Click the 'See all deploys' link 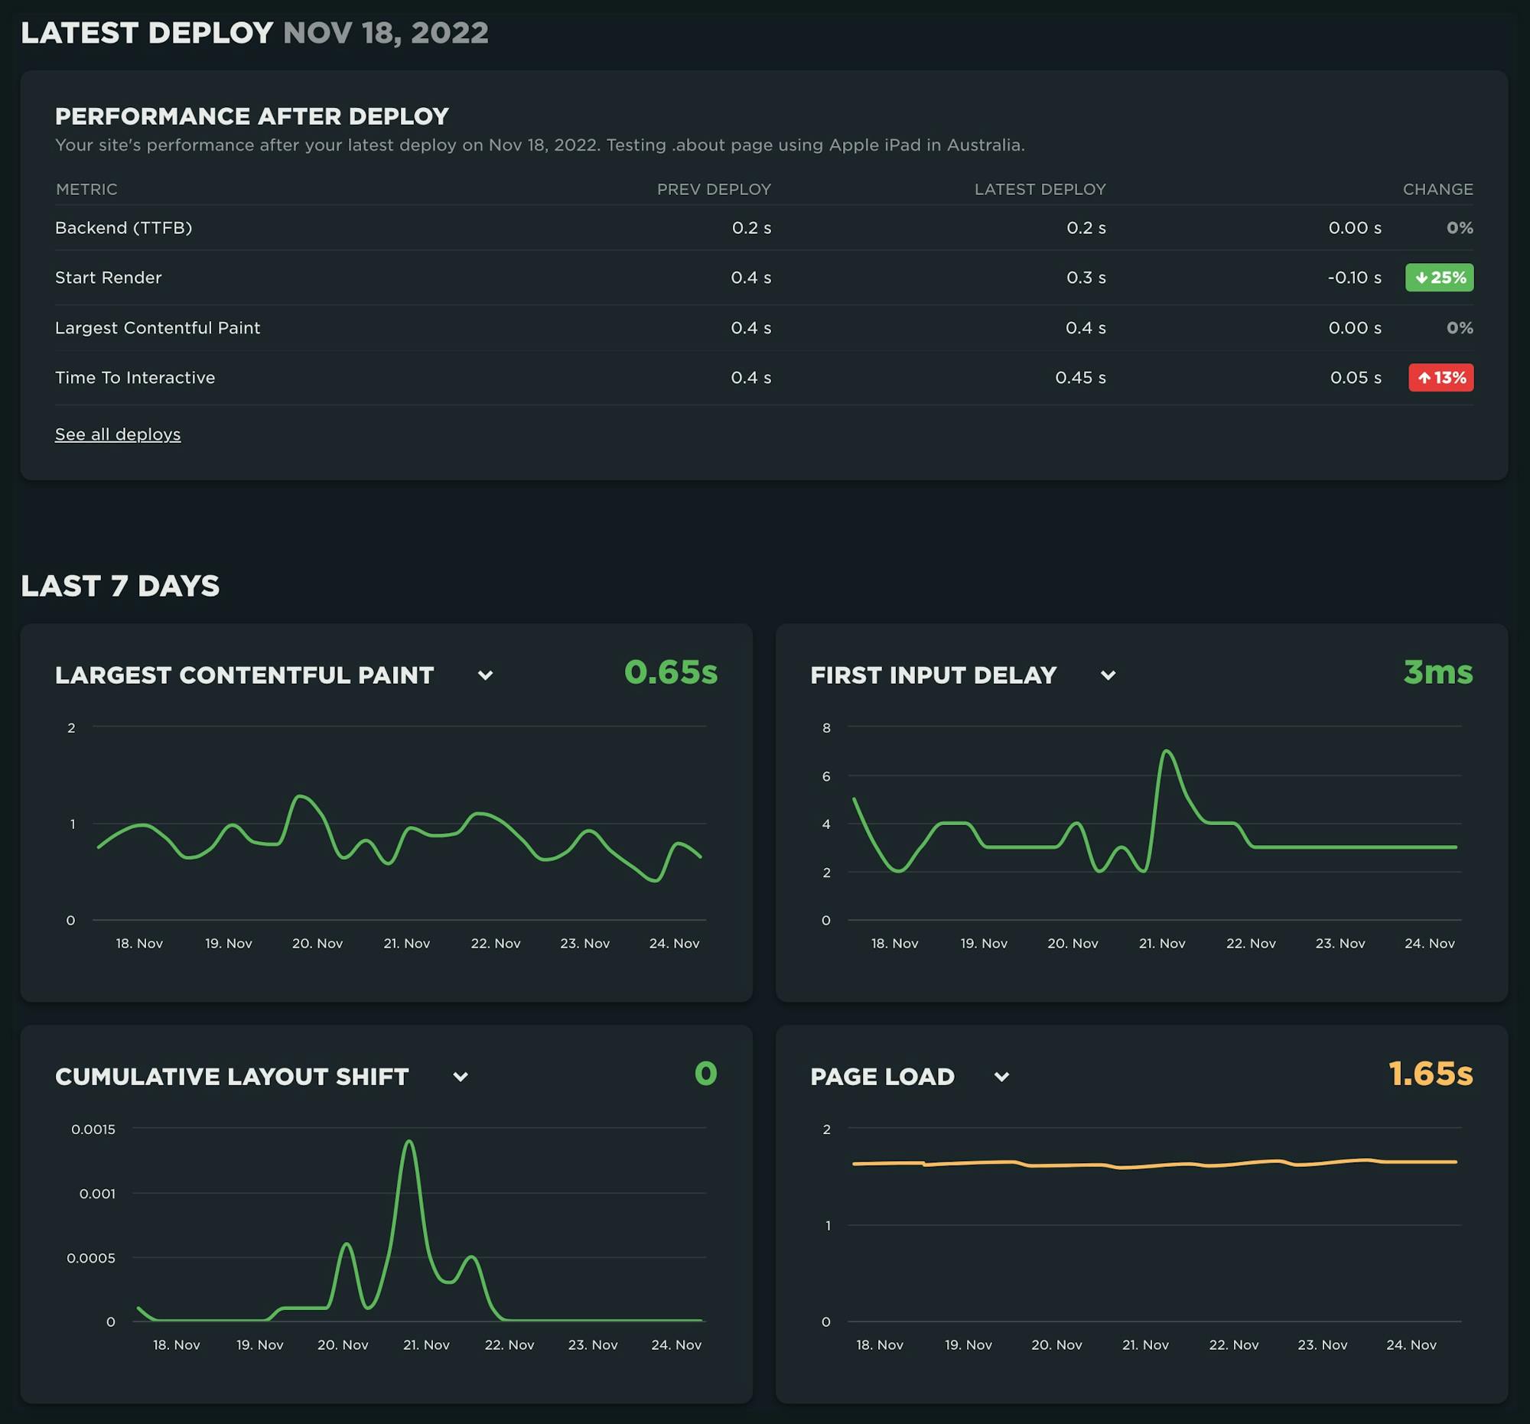point(118,434)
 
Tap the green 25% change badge point(1439,278)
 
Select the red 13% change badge point(1440,378)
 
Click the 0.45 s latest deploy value point(1079,378)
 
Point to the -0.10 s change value point(1354,278)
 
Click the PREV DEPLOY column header point(714,189)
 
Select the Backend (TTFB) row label point(123,228)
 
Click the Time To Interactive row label point(135,378)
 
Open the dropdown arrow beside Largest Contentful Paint point(485,675)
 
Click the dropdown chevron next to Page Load point(1001,1077)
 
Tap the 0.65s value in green point(670,672)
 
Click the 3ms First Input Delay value point(1437,672)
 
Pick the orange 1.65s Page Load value point(1430,1074)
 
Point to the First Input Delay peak point(1167,751)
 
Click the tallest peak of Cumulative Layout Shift point(409,1142)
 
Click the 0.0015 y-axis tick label point(93,1130)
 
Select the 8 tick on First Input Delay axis point(826,728)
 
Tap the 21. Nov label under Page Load point(1145,1344)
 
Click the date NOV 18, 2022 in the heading point(386,32)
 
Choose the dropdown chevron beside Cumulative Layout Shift point(461,1077)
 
